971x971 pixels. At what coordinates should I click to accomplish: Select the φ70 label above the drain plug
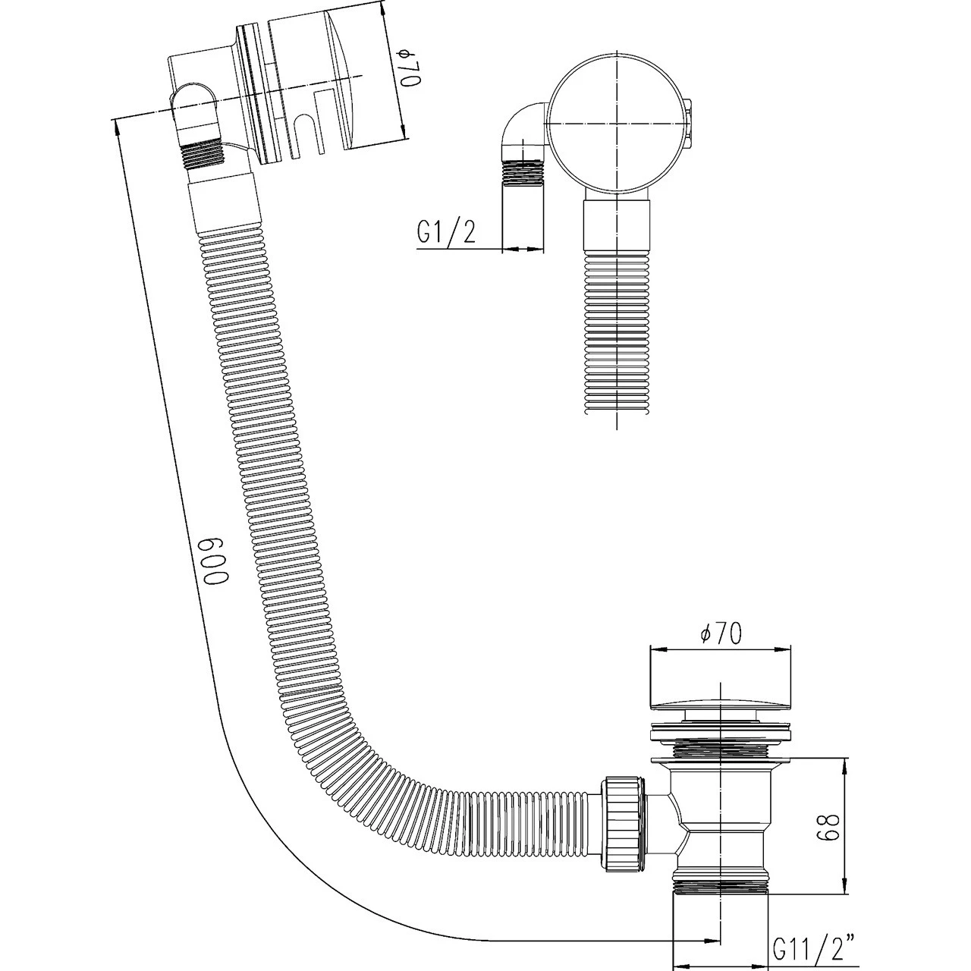tap(721, 633)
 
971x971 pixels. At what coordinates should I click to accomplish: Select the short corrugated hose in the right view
tap(616, 334)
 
